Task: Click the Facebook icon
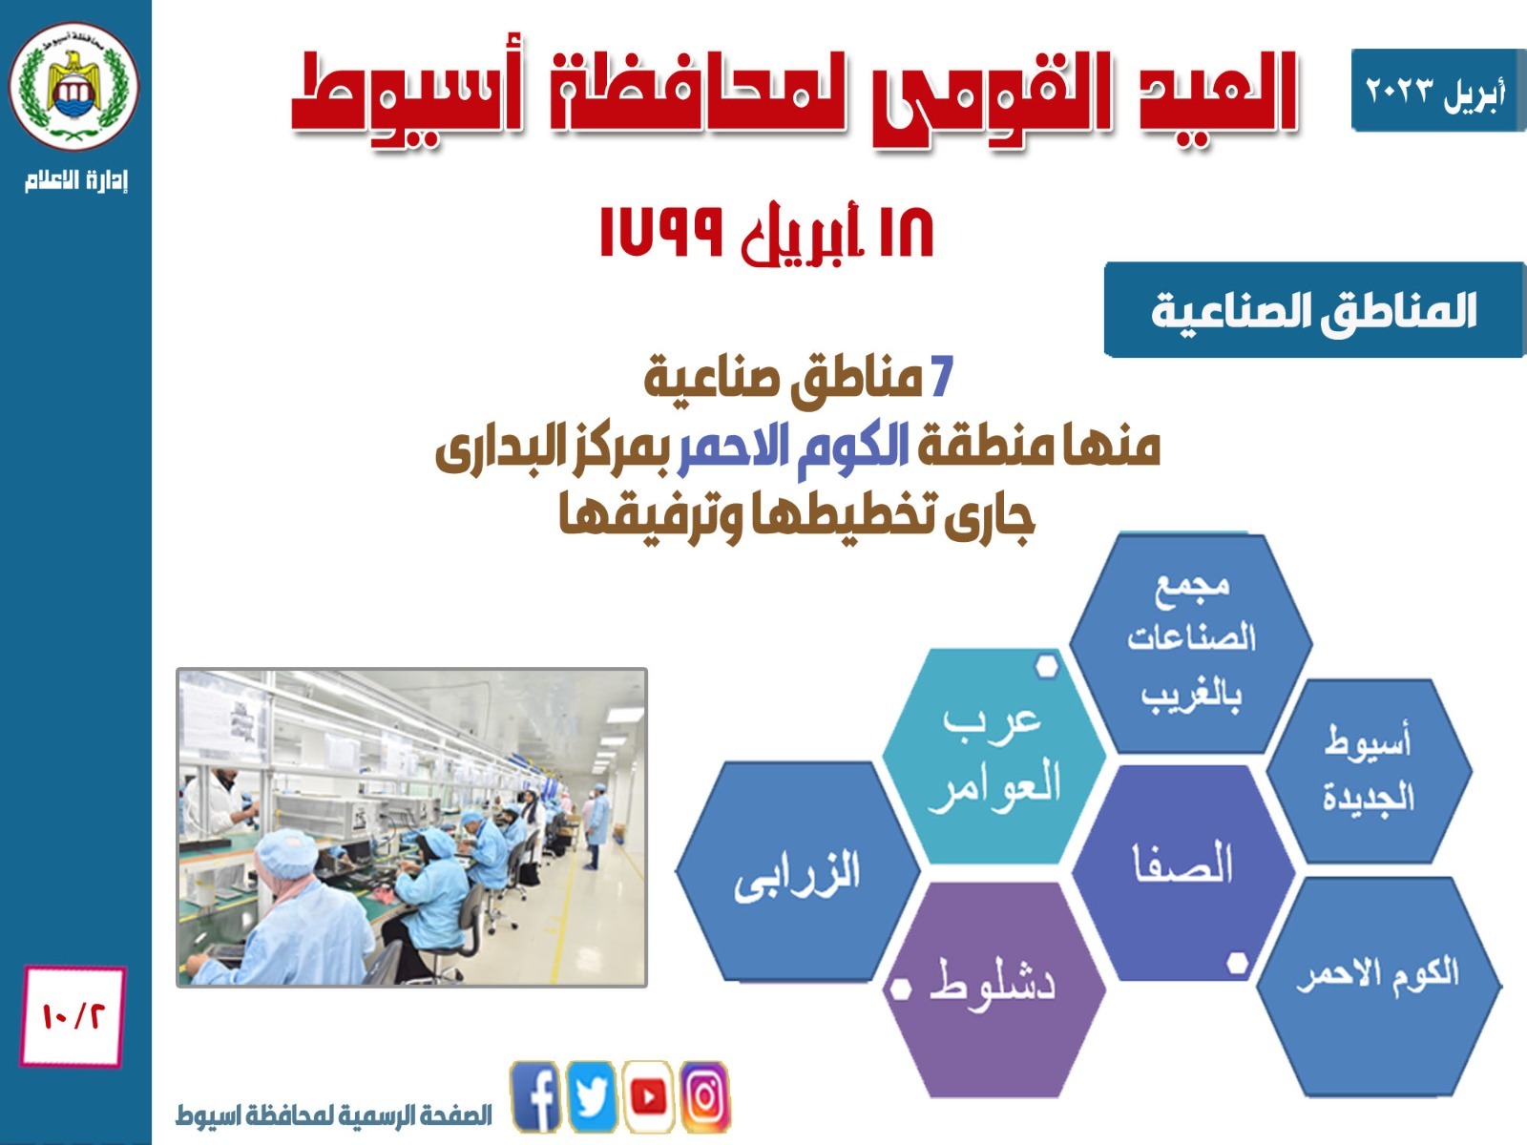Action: pyautogui.click(x=535, y=1096)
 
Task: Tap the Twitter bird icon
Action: pyautogui.click(x=592, y=1096)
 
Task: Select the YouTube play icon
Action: pyautogui.click(x=648, y=1096)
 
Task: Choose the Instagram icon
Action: pyautogui.click(x=704, y=1096)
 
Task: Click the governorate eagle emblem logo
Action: pyautogui.click(x=73, y=87)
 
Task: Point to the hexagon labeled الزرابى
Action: pyautogui.click(x=797, y=872)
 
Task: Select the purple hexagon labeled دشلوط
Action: pyautogui.click(x=994, y=990)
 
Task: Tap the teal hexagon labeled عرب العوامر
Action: pyautogui.click(x=994, y=757)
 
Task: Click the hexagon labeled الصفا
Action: pyautogui.click(x=1182, y=873)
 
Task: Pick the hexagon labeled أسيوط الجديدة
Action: pyautogui.click(x=1369, y=772)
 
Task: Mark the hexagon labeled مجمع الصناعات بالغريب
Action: pyautogui.click(x=1191, y=643)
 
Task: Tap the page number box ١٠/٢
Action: pyautogui.click(x=73, y=1016)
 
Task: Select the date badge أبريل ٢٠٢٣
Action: pyautogui.click(x=1438, y=90)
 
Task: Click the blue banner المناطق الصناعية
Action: pyautogui.click(x=1315, y=309)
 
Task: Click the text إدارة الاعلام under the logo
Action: pyautogui.click(x=76, y=180)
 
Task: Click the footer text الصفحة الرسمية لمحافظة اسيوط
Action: pyautogui.click(x=334, y=1114)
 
